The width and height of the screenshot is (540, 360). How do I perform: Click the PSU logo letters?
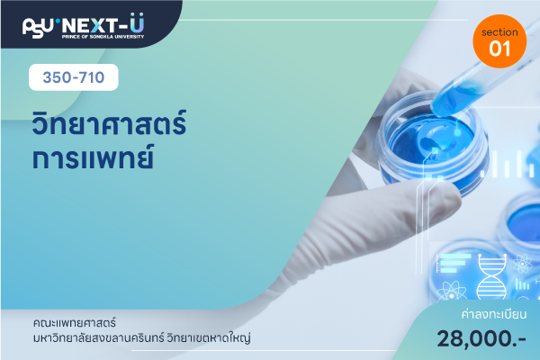click(38, 27)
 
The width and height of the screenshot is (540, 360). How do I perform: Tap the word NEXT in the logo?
click(89, 26)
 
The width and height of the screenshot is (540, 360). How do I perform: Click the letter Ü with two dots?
click(137, 22)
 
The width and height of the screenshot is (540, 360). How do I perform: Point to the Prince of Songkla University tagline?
click(103, 37)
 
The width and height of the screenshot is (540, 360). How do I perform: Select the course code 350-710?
click(74, 77)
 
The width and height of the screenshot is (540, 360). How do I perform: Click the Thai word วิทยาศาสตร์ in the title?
click(109, 122)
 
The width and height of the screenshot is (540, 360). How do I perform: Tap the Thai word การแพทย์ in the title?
click(93, 157)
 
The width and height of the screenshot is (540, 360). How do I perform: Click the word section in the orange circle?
click(499, 32)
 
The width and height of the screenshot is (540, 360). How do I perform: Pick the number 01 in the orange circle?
click(499, 49)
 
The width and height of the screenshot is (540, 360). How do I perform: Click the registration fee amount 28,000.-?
click(481, 338)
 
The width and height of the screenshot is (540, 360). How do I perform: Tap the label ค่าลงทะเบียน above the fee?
click(494, 314)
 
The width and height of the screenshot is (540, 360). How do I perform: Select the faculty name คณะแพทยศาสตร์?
click(75, 323)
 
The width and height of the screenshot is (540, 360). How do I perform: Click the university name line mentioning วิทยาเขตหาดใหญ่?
click(141, 338)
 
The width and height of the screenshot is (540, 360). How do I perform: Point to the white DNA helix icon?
click(491, 276)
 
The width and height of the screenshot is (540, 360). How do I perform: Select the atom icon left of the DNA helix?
click(452, 292)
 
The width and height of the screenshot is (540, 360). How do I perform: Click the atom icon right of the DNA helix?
click(522, 264)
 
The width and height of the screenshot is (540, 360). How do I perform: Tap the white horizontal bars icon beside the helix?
click(454, 263)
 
